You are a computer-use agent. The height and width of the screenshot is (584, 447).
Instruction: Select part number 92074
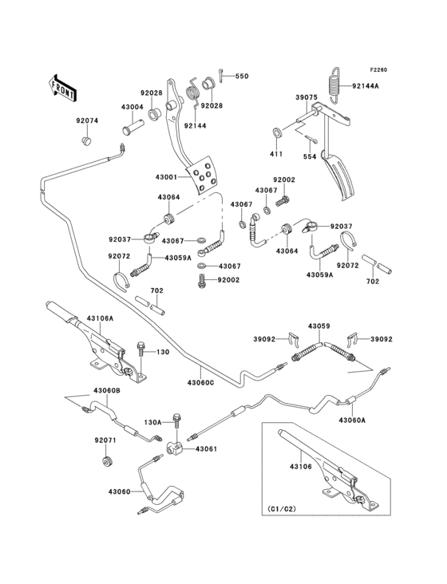pos(87,121)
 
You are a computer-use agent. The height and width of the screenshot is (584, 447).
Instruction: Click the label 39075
pos(307,97)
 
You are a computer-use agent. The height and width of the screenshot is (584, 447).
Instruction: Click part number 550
pos(241,76)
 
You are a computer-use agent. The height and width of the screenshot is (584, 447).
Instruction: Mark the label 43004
pos(133,106)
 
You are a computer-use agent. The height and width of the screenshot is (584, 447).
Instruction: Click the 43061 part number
pos(205,450)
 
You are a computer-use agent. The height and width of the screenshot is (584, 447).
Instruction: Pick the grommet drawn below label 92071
pos(106,463)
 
